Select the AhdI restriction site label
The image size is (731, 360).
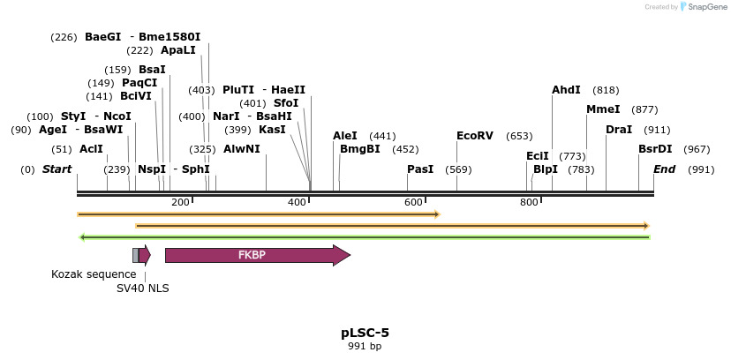[566, 90]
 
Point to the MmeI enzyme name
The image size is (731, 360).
[603, 109]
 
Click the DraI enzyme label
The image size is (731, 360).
[619, 130]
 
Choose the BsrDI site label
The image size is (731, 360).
[655, 149]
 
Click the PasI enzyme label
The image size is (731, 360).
[420, 169]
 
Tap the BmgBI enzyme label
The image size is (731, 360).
[360, 149]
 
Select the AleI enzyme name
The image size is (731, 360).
[345, 136]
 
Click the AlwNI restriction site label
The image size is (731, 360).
[242, 149]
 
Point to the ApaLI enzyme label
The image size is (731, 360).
[178, 50]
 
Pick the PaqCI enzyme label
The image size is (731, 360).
[139, 83]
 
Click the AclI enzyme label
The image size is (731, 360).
[91, 149]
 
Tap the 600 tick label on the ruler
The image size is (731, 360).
[413, 203]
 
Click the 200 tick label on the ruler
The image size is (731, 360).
[181, 203]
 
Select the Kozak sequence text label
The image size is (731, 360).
[94, 274]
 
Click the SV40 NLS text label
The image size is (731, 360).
[143, 289]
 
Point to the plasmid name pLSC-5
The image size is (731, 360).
[365, 333]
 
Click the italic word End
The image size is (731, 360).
[664, 169]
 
